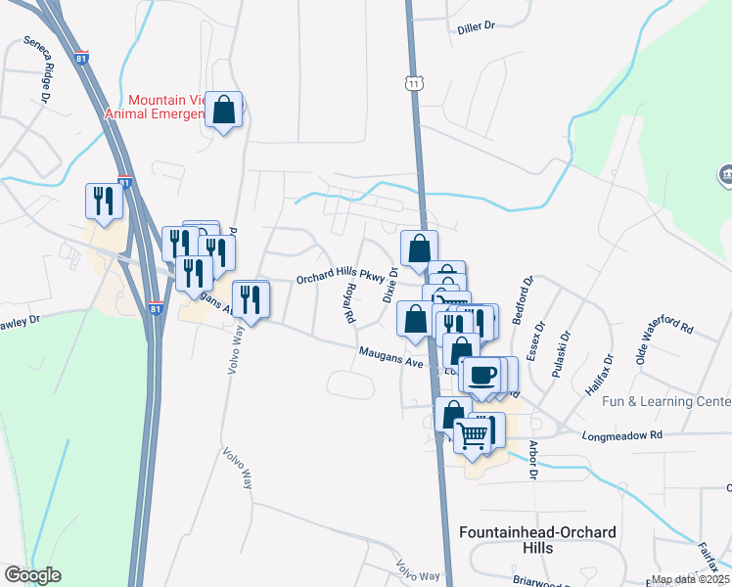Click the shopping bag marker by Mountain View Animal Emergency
(x=224, y=112)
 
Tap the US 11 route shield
(x=416, y=84)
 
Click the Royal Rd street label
(x=349, y=304)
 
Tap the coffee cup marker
(x=480, y=374)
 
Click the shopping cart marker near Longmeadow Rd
(x=474, y=434)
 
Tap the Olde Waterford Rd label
(x=663, y=338)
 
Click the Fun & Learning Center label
(x=666, y=402)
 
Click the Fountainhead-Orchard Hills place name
(x=537, y=540)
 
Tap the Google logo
(x=33, y=574)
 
